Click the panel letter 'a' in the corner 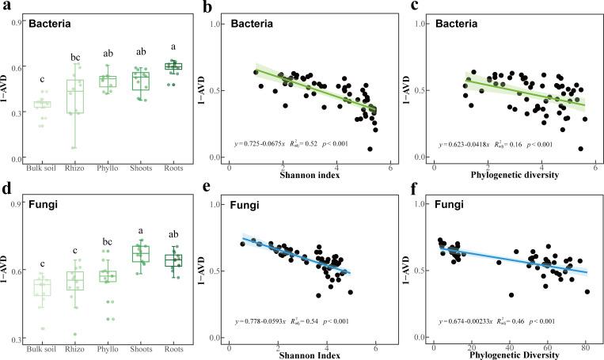6,7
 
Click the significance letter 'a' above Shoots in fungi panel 140,233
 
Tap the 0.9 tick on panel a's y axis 16,23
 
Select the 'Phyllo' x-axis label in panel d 107,349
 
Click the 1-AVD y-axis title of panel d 7,273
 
